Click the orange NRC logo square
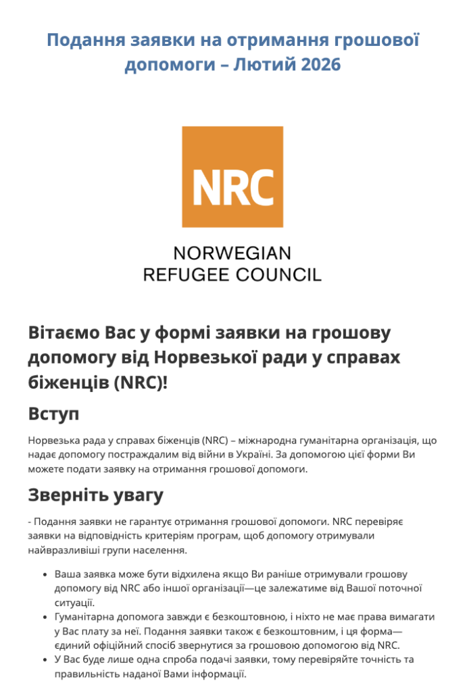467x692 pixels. [x=232, y=176]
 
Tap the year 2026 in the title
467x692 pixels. [x=318, y=66]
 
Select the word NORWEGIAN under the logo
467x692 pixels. [x=232, y=253]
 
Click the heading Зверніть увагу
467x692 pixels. [x=96, y=495]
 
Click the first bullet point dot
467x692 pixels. [x=44, y=575]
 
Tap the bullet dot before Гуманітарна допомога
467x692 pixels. [x=44, y=618]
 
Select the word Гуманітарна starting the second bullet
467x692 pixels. [x=85, y=617]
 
